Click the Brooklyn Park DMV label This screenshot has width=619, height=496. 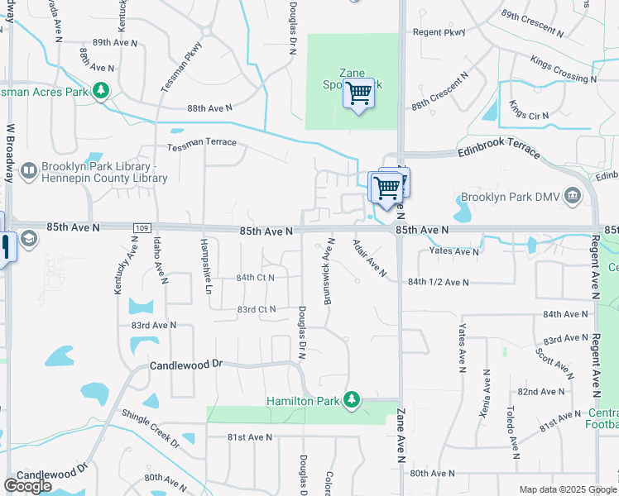510,198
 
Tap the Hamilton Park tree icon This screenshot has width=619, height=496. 353,400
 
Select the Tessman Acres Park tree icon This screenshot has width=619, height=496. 102,90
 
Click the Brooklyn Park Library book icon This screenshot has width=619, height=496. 29,170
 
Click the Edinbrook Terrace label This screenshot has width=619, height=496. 499,154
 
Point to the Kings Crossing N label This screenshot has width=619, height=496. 559,69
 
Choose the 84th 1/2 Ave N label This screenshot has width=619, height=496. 439,282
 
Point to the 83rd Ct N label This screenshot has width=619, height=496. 256,309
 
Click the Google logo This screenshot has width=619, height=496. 28,485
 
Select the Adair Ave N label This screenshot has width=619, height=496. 369,258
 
